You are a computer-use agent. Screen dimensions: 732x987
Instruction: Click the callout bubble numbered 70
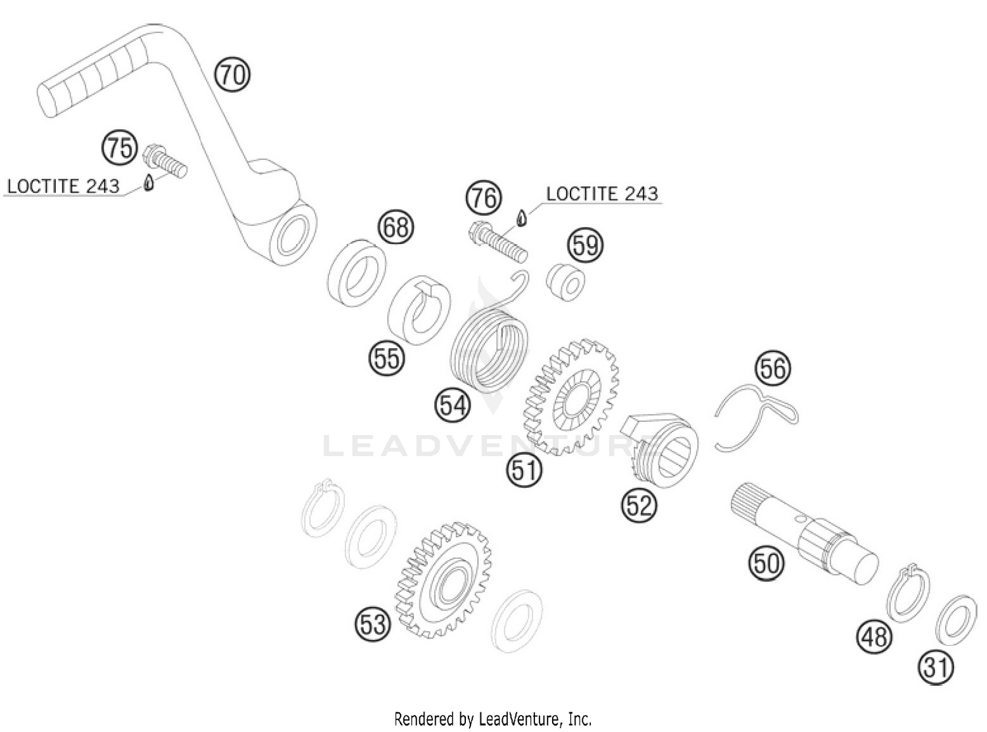[x=232, y=74]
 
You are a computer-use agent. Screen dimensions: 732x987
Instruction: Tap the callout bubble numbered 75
[x=120, y=147]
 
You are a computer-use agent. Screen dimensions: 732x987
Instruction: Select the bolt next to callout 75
[x=164, y=161]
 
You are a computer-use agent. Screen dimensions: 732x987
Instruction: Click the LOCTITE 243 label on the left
[x=63, y=186]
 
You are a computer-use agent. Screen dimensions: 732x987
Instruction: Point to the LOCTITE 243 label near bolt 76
[x=601, y=194]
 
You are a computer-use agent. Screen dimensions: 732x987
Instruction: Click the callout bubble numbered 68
[x=396, y=228]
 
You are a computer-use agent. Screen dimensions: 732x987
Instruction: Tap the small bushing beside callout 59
[x=566, y=281]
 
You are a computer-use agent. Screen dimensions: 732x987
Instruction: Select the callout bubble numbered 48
[x=874, y=637]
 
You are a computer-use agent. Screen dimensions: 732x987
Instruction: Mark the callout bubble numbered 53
[x=372, y=623]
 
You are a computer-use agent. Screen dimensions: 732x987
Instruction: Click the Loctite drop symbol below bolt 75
[x=149, y=184]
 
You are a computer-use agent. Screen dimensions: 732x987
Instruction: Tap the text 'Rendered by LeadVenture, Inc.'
[x=493, y=718]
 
